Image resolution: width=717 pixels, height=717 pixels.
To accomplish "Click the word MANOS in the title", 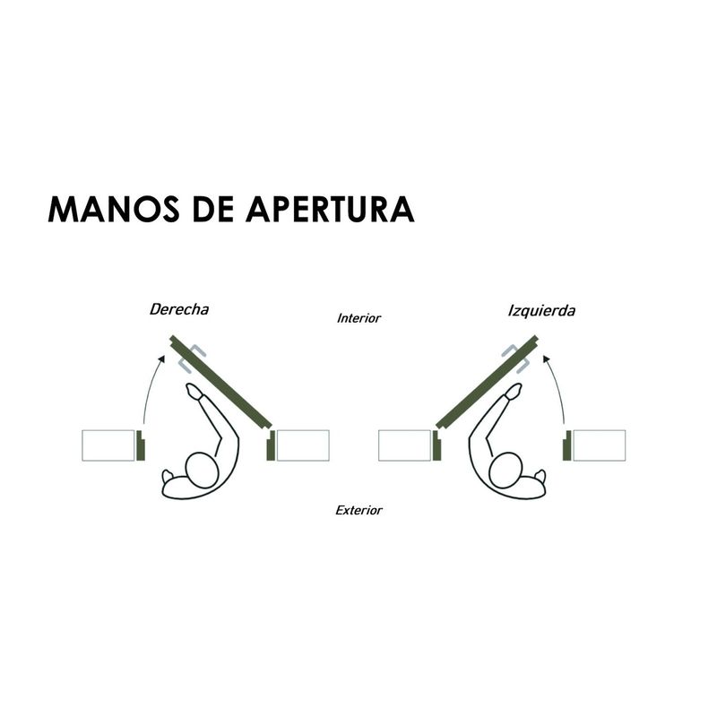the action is coord(114,209).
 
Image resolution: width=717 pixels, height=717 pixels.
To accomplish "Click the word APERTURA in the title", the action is coord(330,209).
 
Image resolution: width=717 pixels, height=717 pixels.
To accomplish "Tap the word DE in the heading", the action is coord(213,209).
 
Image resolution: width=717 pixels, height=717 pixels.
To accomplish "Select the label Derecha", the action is coord(179,309).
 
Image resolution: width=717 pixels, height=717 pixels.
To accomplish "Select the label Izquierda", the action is coord(541,311).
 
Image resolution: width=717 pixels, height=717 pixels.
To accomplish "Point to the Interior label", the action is coord(358,318).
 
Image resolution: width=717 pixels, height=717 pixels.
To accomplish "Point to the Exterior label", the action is coord(358,510).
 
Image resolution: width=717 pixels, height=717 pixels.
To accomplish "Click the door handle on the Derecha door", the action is coord(192,358).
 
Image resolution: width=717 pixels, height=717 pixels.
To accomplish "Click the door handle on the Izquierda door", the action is coord(516,358).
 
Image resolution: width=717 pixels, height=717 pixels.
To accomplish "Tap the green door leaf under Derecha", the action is coord(221,383).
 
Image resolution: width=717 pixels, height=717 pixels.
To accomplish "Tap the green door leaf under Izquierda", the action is coord(487,383).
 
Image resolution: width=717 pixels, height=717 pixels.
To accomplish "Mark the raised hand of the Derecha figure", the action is coord(194,391).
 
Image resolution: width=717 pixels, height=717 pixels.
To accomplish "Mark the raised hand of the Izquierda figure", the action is coord(514,391).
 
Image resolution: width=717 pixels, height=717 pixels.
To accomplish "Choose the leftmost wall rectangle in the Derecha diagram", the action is coord(108,445).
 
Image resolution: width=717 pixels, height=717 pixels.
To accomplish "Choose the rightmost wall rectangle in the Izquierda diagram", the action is coord(600,445).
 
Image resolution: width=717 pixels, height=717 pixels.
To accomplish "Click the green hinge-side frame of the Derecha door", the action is coord(271,445).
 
